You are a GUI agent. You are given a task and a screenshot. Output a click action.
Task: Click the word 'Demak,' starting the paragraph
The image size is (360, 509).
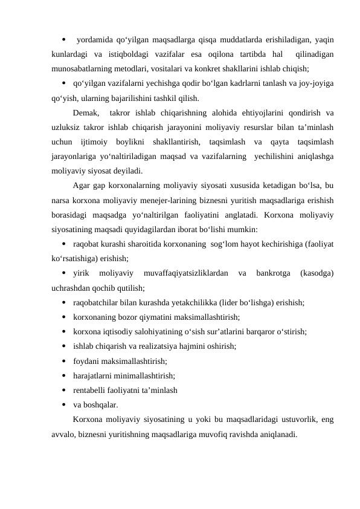point(86,112)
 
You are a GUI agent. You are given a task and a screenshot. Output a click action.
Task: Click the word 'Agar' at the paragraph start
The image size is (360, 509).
point(82,185)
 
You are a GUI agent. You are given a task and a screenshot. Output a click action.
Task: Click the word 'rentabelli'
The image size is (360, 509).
point(91,390)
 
